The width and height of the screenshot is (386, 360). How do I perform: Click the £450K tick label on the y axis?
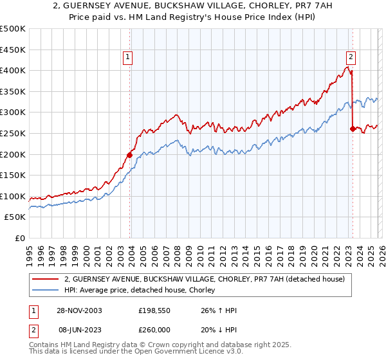tap(13, 50)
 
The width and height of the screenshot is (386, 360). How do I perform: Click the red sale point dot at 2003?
tap(130, 155)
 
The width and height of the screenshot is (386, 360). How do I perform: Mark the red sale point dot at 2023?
tap(352, 129)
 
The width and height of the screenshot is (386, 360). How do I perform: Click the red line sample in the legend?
tap(46, 279)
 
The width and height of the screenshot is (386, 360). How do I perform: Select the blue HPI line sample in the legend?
tap(46, 290)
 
